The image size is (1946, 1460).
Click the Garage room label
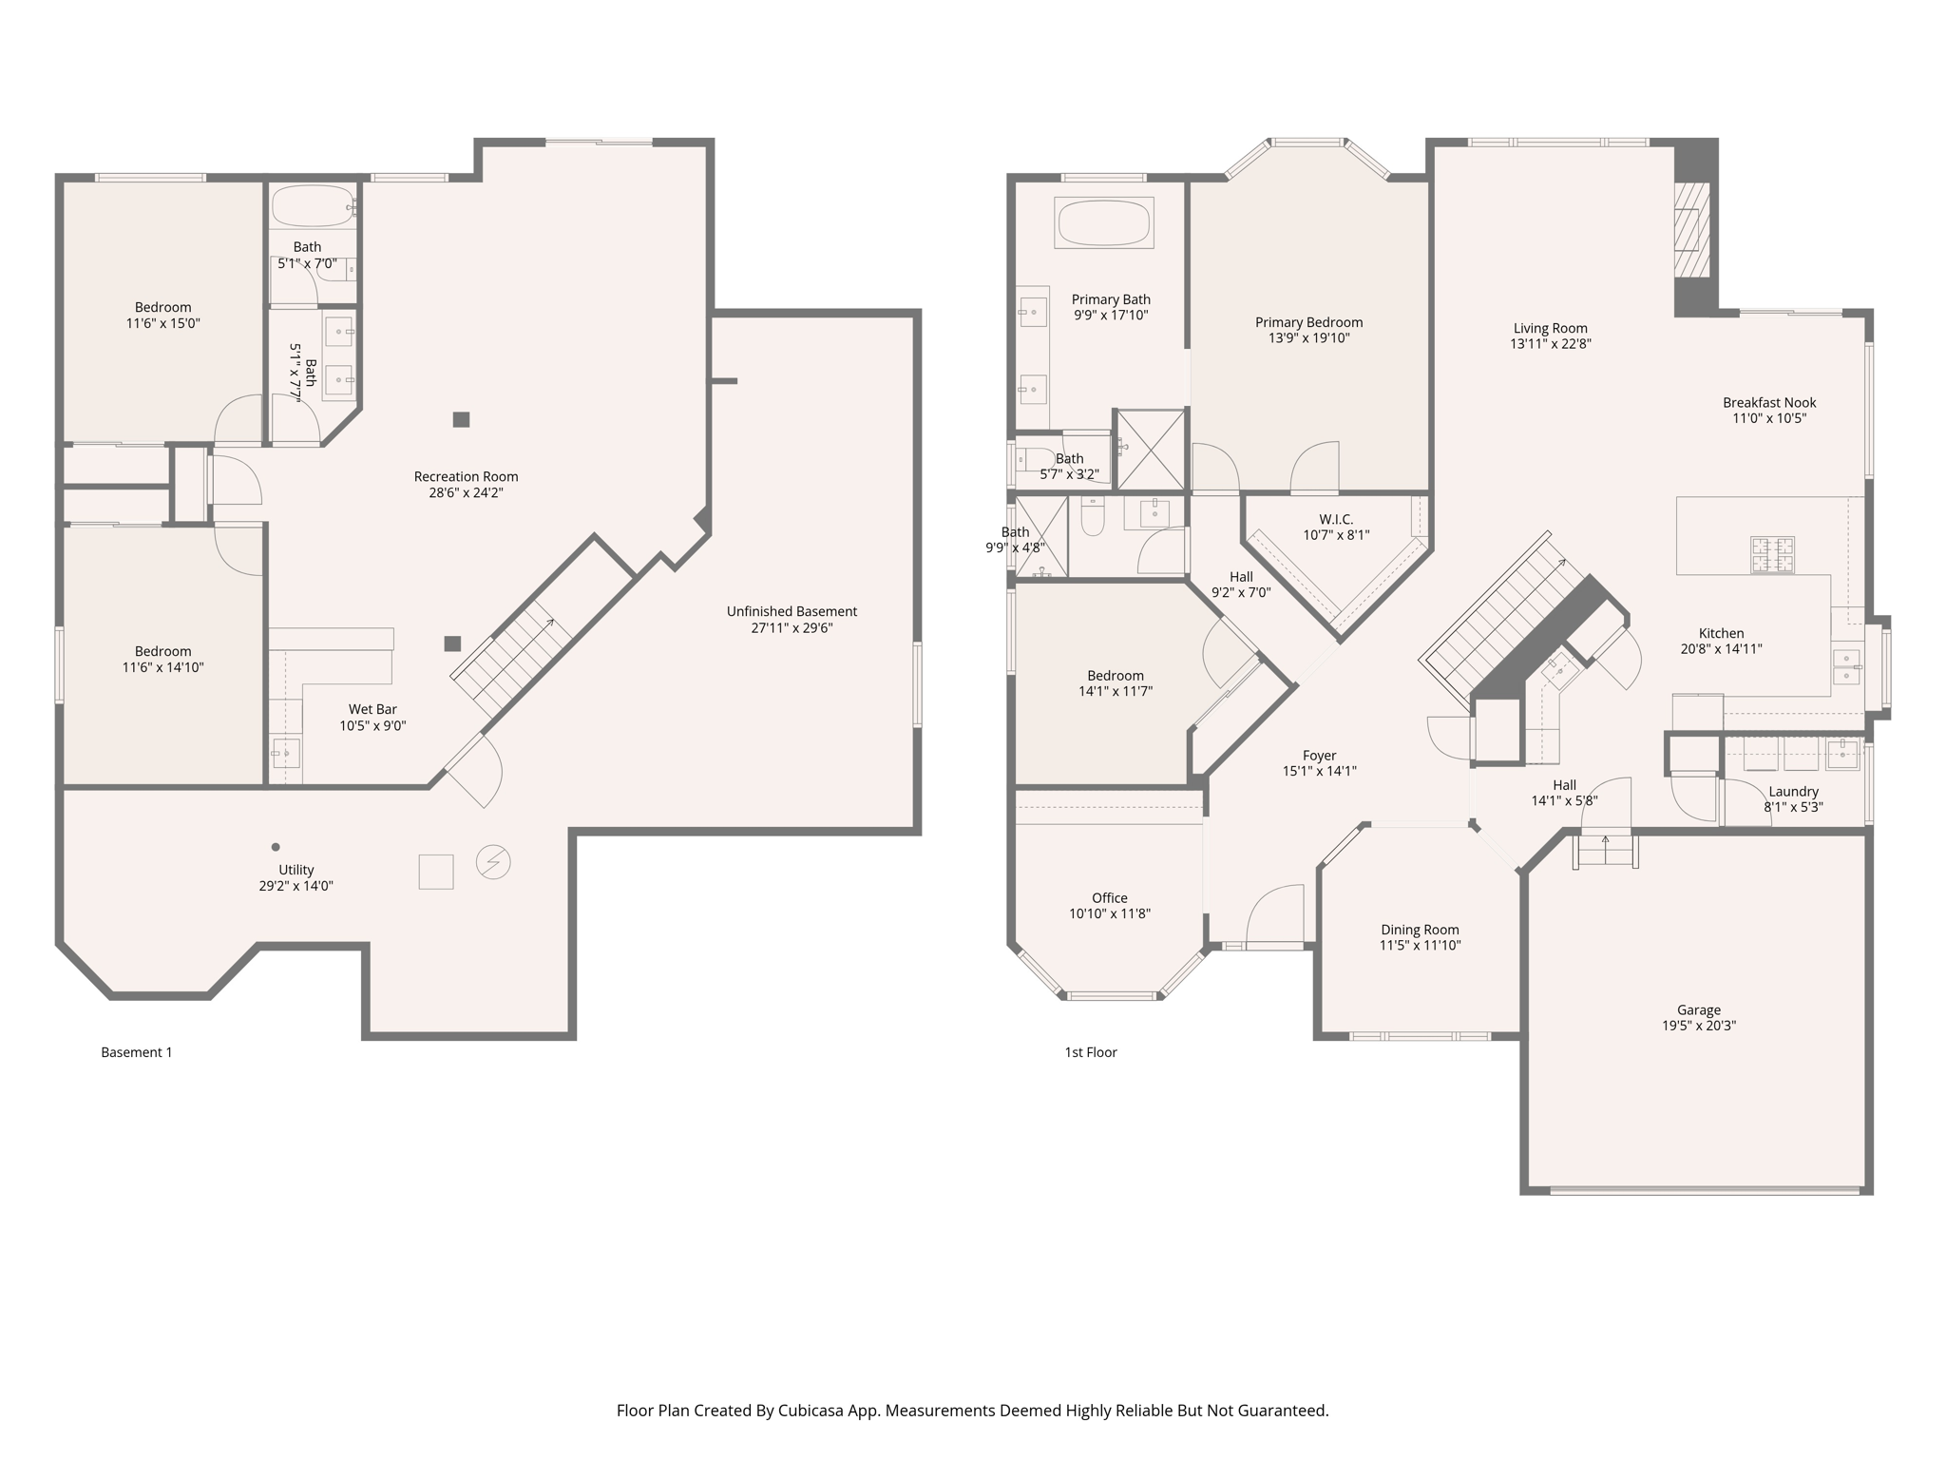click(x=1698, y=1010)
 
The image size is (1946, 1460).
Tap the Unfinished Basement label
click(x=792, y=611)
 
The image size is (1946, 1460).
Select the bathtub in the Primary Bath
click(x=1103, y=223)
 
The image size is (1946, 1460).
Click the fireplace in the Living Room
click(x=1690, y=229)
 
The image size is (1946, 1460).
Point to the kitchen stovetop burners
click(x=1772, y=555)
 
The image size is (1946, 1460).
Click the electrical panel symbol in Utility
click(x=493, y=862)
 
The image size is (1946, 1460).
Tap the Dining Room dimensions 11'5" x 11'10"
click(x=1420, y=946)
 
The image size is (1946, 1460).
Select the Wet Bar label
click(x=372, y=709)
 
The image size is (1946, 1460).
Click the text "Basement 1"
click(x=137, y=1052)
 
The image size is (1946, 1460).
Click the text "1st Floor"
click(x=1090, y=1052)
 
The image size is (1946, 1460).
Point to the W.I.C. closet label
click(x=1335, y=519)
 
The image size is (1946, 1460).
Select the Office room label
click(x=1109, y=898)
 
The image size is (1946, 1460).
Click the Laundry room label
click(x=1793, y=792)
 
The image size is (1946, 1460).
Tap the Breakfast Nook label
click(x=1768, y=402)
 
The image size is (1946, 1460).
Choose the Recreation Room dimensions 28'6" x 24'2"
click(x=466, y=493)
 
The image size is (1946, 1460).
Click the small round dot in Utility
click(x=276, y=847)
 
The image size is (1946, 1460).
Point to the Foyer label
click(x=1319, y=756)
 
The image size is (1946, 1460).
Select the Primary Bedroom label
click(x=1308, y=322)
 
